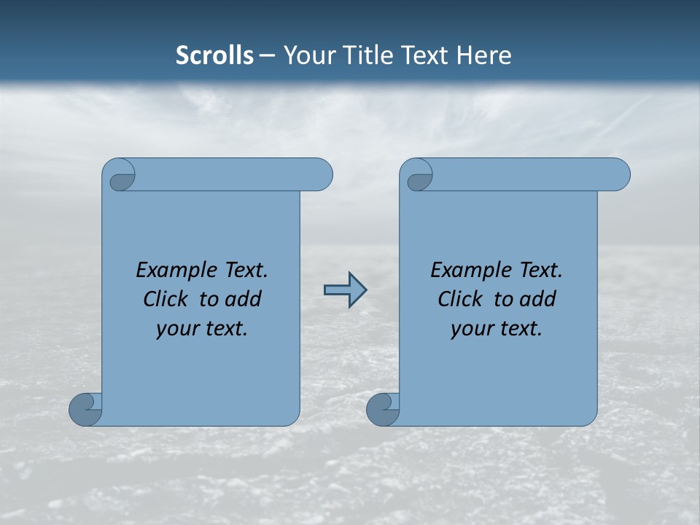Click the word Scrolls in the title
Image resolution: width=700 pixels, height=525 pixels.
point(214,55)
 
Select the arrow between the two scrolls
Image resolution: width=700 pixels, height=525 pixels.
point(344,289)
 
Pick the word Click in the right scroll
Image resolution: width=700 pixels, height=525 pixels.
point(460,299)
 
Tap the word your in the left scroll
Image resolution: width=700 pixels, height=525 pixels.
point(175,329)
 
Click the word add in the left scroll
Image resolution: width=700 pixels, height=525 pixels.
point(244,299)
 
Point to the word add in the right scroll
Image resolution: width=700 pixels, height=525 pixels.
point(538,299)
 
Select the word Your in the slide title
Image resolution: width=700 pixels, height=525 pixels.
point(305,55)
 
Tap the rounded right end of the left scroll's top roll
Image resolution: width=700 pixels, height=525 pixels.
point(321,175)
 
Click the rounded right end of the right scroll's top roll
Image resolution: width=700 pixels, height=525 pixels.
point(618,175)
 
